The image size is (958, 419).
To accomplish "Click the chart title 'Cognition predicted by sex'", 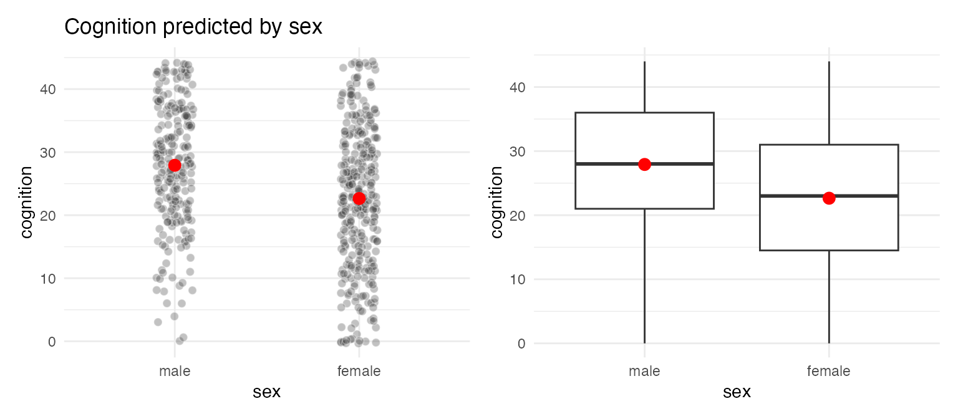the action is click(x=193, y=27).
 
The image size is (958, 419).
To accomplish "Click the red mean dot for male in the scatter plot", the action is click(x=175, y=165).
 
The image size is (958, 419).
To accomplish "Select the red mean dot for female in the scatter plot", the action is click(x=359, y=198).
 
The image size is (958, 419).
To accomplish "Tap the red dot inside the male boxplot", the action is click(x=644, y=165).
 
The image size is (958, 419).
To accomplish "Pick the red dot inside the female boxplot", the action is click(x=829, y=198).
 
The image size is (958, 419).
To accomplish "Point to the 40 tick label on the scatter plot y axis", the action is click(x=48, y=89).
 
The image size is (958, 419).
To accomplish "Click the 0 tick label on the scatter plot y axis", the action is click(x=52, y=342).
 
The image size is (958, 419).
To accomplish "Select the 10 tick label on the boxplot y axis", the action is click(x=518, y=279).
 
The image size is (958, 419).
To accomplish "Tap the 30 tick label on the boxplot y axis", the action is click(x=518, y=152).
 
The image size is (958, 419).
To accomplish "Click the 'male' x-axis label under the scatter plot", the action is click(x=175, y=371).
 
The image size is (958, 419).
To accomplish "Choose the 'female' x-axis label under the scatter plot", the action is click(x=359, y=371).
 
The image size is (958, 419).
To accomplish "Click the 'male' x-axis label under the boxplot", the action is click(x=644, y=371).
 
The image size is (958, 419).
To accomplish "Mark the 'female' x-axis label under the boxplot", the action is click(x=829, y=371).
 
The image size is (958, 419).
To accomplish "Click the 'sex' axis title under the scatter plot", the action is click(x=266, y=392).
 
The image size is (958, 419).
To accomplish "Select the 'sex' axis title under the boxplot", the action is click(x=737, y=392).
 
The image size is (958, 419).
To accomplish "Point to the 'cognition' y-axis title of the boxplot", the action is click(x=496, y=202).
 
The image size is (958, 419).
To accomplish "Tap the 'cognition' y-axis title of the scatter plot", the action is click(x=27, y=202).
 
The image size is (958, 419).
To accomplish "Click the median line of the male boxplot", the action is click(x=644, y=164).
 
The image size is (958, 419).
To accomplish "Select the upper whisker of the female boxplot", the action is click(x=830, y=103).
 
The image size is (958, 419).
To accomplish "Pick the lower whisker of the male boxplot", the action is click(x=644, y=276).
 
